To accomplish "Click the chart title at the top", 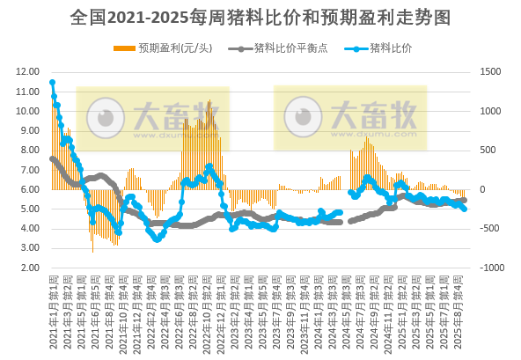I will click(x=260, y=17).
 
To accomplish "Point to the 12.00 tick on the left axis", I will click(x=27, y=72).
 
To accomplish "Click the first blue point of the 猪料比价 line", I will click(x=53, y=83).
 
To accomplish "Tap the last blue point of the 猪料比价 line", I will click(x=465, y=209).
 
